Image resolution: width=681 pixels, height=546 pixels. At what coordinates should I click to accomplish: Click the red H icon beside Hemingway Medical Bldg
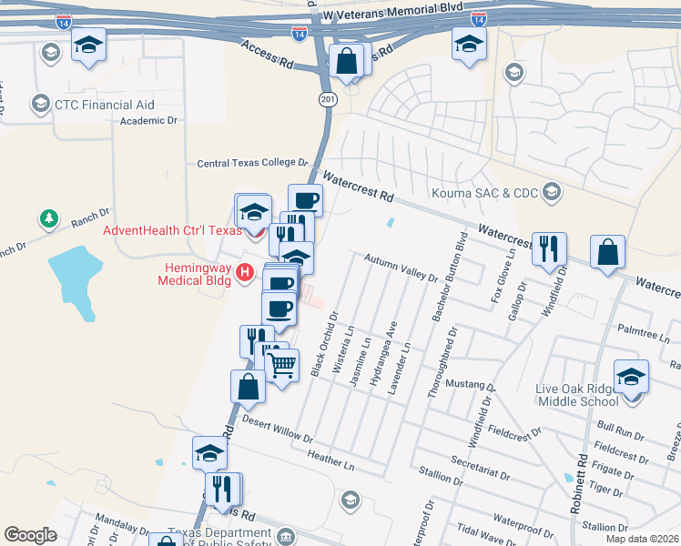244,271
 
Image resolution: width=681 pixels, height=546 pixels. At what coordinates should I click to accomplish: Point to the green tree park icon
48,219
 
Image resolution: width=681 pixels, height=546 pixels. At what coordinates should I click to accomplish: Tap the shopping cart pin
282,365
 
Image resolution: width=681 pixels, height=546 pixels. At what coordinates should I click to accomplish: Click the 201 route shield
327,98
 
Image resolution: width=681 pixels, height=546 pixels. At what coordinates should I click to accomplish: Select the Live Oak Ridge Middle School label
578,396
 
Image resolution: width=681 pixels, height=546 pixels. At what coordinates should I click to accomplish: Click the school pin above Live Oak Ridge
631,377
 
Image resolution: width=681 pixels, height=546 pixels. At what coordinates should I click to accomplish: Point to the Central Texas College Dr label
253,163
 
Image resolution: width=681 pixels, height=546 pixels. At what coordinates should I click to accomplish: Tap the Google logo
30,535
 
